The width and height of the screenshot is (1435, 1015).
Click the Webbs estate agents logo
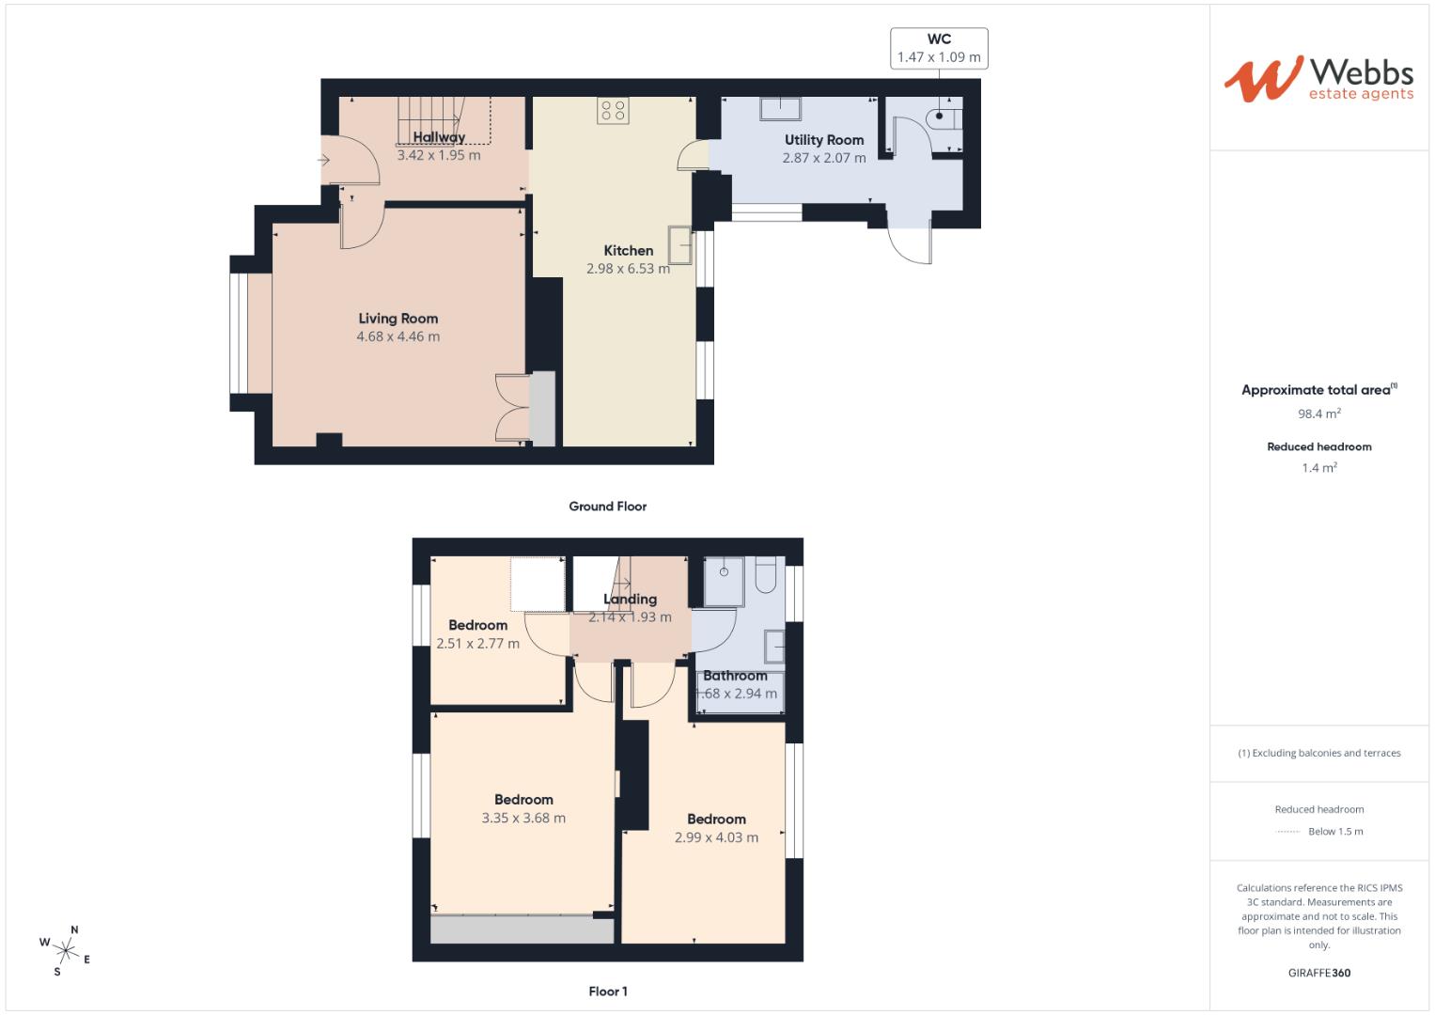[1318, 79]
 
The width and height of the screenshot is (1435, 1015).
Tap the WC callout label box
[938, 48]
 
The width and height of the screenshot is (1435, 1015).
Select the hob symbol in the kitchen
[613, 111]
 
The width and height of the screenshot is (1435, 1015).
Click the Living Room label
[398, 319]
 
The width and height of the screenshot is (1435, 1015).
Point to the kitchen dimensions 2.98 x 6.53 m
[628, 269]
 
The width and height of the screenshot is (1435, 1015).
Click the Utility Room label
[823, 140]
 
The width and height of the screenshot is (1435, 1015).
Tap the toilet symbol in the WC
[944, 117]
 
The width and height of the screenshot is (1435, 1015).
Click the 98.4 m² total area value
[1318, 414]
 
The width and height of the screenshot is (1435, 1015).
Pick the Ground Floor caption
[607, 507]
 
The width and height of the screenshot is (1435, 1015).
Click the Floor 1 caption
[607, 992]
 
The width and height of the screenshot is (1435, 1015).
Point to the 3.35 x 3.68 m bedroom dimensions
[523, 819]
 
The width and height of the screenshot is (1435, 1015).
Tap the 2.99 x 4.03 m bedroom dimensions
[716, 837]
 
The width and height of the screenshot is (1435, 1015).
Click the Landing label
[630, 600]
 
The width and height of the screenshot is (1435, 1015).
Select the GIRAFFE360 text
[1318, 973]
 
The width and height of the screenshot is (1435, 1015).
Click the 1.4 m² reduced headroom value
[1318, 468]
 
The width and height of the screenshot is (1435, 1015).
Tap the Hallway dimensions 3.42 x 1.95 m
[438, 156]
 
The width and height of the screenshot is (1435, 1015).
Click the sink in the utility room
[781, 109]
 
